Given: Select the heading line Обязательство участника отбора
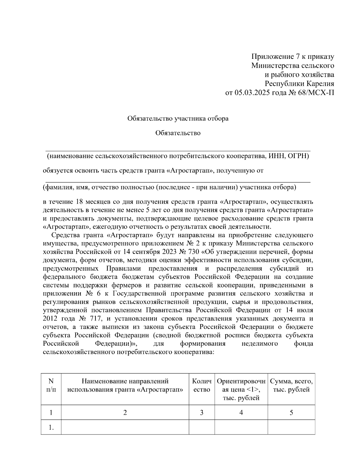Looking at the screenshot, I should coord(178,119).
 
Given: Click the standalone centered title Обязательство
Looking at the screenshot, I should coord(178,133).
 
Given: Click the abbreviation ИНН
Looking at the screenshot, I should coord(275,156).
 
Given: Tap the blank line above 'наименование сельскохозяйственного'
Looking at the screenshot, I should coord(178,151).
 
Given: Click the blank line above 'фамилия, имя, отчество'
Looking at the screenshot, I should coord(178,182).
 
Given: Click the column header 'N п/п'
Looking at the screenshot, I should coord(51,386).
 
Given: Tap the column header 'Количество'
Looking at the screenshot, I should coord(202,386).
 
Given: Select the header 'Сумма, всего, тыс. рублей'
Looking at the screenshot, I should coord(291,386).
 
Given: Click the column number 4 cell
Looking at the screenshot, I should coord(241,413).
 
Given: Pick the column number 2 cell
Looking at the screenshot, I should coord(125,413).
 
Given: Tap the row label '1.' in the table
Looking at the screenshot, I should coord(51,428).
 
